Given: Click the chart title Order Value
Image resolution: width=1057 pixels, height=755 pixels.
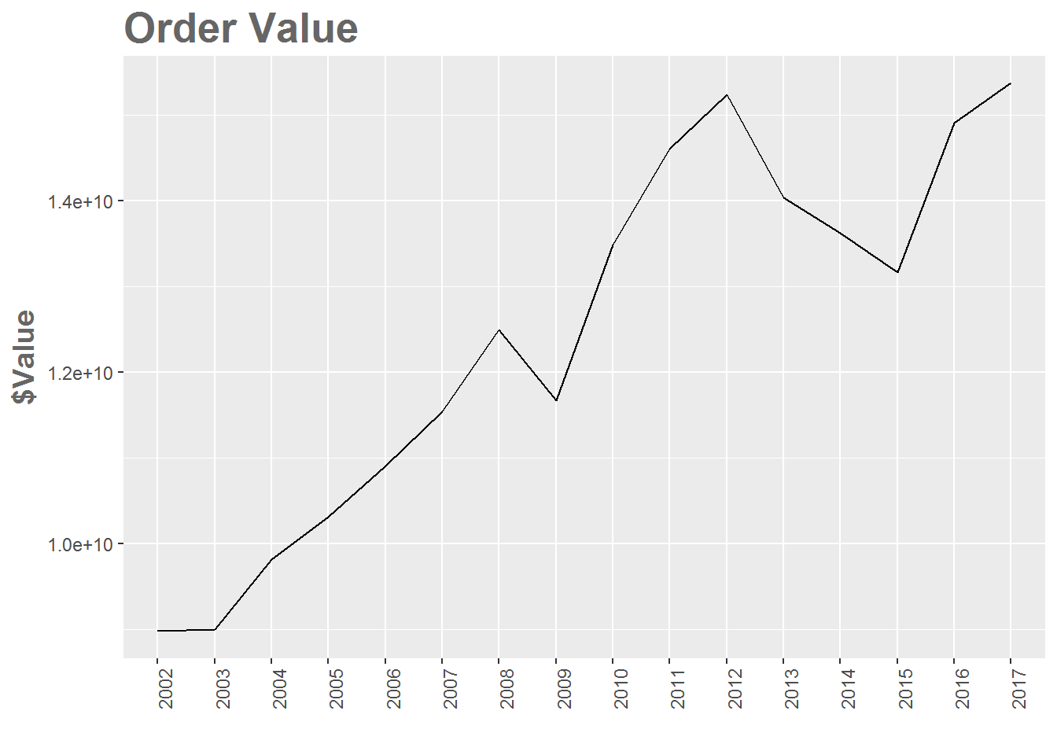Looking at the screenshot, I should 241,28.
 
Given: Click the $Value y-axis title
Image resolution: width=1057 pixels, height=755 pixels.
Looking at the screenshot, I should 25,356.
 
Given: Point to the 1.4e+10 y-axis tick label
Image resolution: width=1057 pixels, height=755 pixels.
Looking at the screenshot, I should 80,202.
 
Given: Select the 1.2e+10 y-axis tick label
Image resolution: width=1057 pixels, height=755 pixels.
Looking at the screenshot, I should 80,373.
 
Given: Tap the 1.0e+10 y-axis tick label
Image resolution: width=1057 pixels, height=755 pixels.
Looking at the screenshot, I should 80,544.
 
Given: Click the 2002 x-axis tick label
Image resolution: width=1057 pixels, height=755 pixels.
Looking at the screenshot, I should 166,688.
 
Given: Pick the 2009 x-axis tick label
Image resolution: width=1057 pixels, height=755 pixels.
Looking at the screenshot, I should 565,688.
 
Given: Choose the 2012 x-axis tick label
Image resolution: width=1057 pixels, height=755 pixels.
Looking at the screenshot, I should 735,688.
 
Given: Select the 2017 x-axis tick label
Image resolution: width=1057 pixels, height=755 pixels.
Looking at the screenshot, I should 1019,688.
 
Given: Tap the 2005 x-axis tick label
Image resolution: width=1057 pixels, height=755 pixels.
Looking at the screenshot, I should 337,688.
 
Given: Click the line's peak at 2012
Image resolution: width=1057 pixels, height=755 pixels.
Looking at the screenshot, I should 727,95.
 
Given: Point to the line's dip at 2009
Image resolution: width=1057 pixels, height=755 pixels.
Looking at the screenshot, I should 556,401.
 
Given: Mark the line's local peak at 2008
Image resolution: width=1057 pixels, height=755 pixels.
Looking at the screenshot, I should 499,330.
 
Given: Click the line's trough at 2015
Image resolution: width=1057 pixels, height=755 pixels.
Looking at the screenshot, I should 897,272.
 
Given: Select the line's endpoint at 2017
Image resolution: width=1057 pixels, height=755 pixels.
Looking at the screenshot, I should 1011,83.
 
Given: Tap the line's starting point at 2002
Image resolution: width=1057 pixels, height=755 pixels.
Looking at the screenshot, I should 157,631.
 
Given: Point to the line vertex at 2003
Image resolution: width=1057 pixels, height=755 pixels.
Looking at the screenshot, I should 215,630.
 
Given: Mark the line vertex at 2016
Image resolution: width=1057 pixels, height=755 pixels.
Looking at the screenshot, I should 954,123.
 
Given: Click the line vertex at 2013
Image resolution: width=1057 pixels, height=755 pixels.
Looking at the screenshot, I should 783,197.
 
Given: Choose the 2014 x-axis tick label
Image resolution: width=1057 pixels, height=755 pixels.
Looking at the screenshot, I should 849,688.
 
